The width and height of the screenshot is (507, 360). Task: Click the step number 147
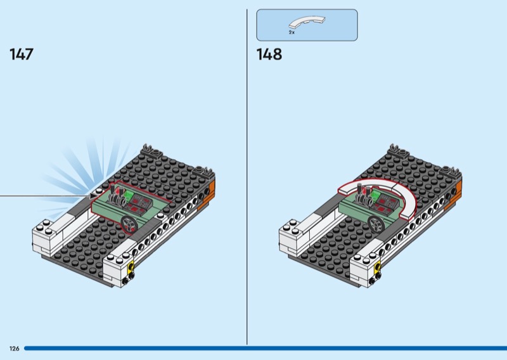(x=22, y=55)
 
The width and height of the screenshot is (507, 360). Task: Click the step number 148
(x=269, y=55)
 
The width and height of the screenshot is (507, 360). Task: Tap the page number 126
(x=13, y=349)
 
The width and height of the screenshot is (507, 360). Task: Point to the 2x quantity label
(x=292, y=32)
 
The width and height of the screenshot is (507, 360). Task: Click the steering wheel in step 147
(x=131, y=223)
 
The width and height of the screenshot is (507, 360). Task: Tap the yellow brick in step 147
(x=132, y=267)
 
